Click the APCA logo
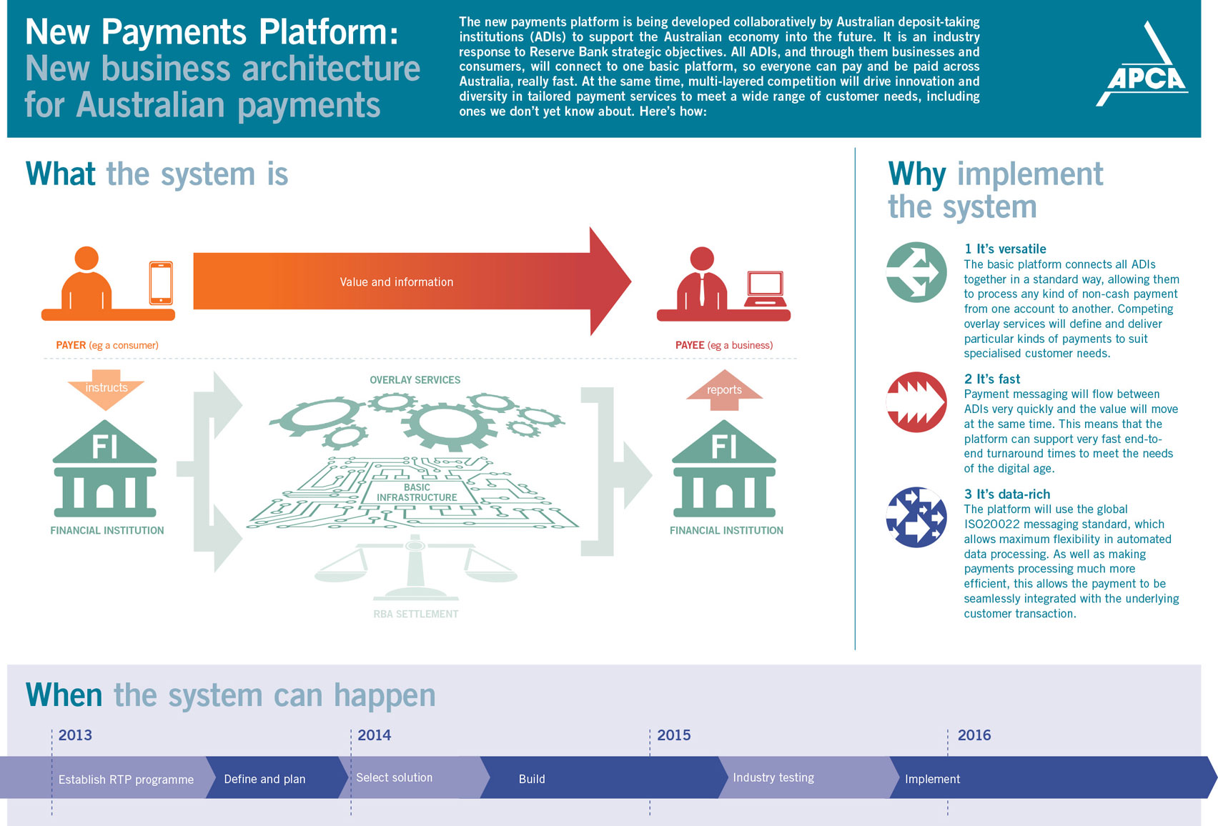click(x=1142, y=64)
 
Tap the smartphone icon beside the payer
click(x=161, y=282)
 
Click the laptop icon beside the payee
click(x=765, y=289)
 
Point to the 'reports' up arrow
click(x=724, y=389)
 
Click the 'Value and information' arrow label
click(x=397, y=282)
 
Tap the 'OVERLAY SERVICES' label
click(x=415, y=380)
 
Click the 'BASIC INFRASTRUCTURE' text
click(x=417, y=492)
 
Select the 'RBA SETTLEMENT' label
click(x=416, y=614)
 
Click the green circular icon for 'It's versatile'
click(x=916, y=272)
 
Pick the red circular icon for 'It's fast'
click(x=916, y=402)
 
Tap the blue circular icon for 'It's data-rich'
click(x=916, y=517)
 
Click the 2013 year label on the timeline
click(x=75, y=735)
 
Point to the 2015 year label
click(x=674, y=735)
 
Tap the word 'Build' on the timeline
click(x=532, y=779)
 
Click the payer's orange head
click(x=86, y=258)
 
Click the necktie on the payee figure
click(x=702, y=289)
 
